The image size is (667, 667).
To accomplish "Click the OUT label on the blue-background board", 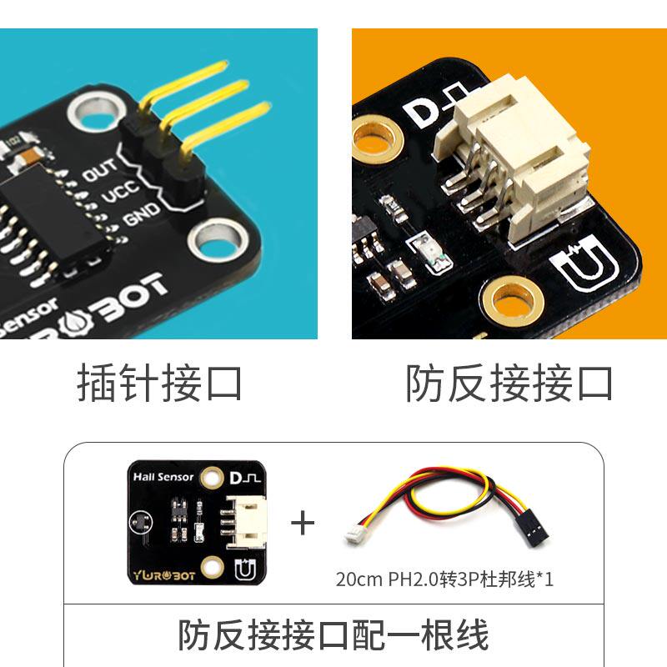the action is point(98,170).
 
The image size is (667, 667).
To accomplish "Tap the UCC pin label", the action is point(120,193).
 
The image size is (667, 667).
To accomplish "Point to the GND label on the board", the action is point(142,214).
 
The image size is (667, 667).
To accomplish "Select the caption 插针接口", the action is point(159,383).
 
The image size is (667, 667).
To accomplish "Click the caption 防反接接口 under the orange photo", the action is point(509,383).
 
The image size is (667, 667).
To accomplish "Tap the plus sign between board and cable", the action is point(303,523).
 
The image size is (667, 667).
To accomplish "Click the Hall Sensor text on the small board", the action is point(163,477).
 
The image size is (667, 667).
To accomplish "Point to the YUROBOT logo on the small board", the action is point(164,575).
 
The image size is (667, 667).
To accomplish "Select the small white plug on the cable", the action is point(354,534).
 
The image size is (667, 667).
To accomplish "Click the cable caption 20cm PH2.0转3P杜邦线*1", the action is point(444,579).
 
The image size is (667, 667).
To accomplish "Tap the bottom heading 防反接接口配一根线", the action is point(333,634).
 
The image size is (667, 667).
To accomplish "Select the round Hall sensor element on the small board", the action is point(140,522).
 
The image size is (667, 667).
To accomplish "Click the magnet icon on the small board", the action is point(245,570).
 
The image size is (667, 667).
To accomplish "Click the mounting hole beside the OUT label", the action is point(97,112).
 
